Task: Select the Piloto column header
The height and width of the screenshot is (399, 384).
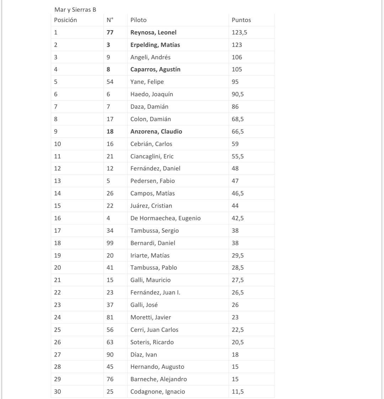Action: [x=138, y=20]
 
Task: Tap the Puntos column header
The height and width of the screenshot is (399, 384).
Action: [x=241, y=20]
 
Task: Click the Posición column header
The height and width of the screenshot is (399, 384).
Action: [x=65, y=20]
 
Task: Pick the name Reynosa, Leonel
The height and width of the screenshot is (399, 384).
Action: [x=154, y=33]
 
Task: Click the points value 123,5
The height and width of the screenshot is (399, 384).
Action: [x=239, y=33]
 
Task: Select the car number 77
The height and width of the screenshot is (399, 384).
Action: [x=110, y=33]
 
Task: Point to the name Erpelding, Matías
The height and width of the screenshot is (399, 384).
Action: [x=155, y=45]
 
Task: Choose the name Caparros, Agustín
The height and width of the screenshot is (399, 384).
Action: [x=155, y=70]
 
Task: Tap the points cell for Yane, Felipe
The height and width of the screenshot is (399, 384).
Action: [x=235, y=82]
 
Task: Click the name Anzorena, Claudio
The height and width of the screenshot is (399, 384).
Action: [x=156, y=131]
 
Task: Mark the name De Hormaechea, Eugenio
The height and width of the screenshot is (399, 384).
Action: [x=165, y=218]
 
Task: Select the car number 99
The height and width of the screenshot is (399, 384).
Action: [x=110, y=243]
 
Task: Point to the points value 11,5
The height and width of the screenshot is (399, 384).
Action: [x=238, y=392]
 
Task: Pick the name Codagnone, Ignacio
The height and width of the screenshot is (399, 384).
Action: [x=158, y=392]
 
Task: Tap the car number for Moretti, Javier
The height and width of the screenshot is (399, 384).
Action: [x=110, y=317]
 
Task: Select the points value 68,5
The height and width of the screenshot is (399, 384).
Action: [x=238, y=119]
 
